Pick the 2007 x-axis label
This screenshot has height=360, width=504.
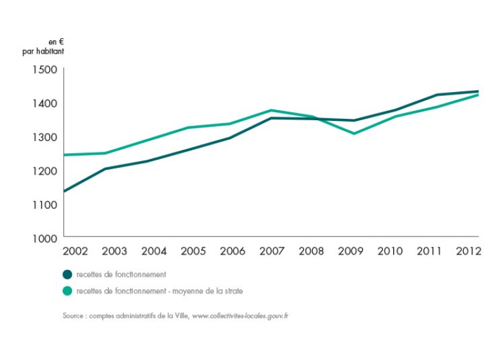pyautogui.click(x=271, y=251)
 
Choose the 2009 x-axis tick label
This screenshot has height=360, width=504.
pyautogui.click(x=350, y=251)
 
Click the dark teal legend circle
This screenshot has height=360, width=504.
pyautogui.click(x=67, y=274)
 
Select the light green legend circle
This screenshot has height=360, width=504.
pyautogui.click(x=67, y=291)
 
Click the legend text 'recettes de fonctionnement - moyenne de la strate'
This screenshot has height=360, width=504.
pyautogui.click(x=160, y=291)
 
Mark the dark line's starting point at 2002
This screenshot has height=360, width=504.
pyautogui.click(x=65, y=191)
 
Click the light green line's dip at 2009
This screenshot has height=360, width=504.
pyautogui.click(x=353, y=134)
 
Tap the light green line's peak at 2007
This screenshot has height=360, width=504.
pyautogui.click(x=271, y=110)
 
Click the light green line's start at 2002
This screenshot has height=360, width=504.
pyautogui.click(x=65, y=154)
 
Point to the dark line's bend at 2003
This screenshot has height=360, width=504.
pyautogui.click(x=106, y=169)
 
